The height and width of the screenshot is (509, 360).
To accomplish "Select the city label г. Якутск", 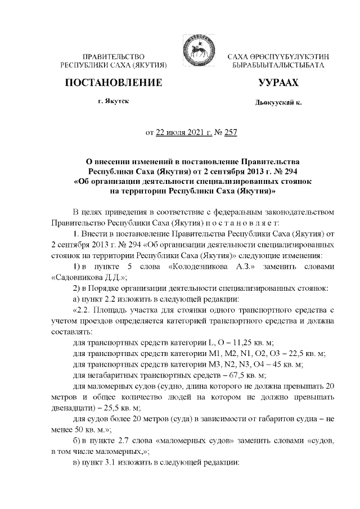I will coord(113,103).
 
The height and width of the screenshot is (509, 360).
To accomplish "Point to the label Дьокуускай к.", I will coord(277,104).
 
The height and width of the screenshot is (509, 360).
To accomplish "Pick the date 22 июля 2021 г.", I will coord(182,133).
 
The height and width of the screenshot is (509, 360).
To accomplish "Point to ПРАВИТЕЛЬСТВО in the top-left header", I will coord(114,57).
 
